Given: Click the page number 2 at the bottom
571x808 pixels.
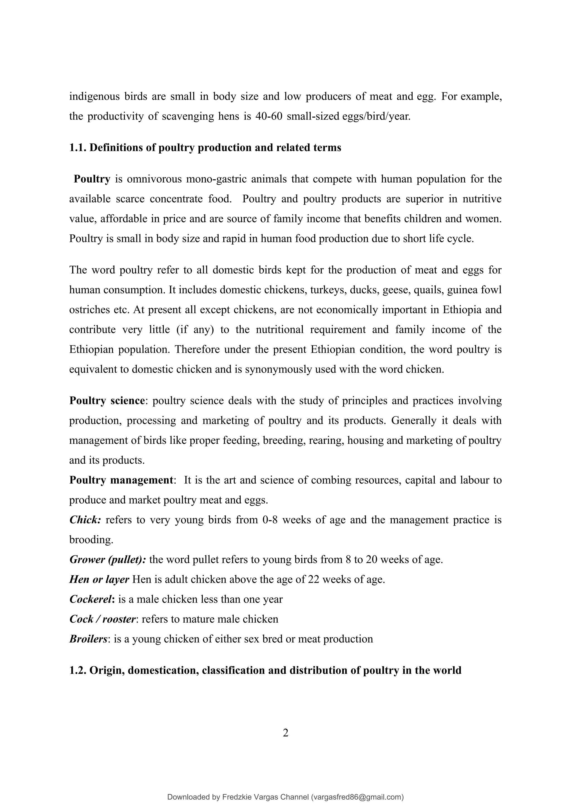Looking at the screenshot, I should (x=285, y=733).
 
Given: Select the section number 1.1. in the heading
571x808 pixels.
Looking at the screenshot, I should (x=78, y=147).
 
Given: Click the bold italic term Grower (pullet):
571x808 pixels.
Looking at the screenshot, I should (x=108, y=560).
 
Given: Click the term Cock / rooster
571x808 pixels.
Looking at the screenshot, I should (x=102, y=619).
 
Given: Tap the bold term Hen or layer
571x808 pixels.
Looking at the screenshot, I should (x=99, y=579).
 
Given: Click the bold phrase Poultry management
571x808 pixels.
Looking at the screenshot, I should (x=121, y=480).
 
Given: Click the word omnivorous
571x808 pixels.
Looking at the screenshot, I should (x=154, y=179).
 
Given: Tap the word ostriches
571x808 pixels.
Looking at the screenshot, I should (x=89, y=310).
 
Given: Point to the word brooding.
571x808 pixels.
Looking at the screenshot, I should (x=91, y=540).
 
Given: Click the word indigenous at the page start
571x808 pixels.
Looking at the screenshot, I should (x=94, y=96).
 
